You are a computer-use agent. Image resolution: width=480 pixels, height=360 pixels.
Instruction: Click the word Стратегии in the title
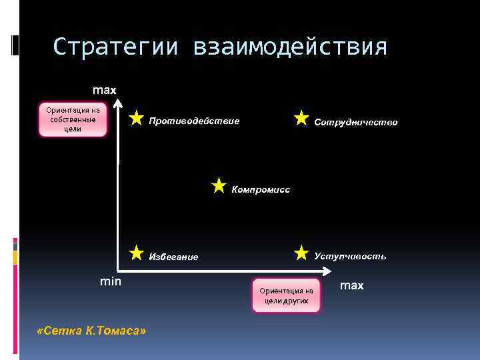(115, 47)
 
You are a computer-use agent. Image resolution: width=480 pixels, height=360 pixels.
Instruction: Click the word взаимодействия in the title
(289, 47)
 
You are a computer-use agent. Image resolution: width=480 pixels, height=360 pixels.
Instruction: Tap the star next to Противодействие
(136, 119)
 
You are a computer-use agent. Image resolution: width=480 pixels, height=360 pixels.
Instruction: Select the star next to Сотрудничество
(301, 119)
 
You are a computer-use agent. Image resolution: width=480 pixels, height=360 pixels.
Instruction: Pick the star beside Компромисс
(219, 185)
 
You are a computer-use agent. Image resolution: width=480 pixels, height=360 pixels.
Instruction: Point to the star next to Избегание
(136, 252)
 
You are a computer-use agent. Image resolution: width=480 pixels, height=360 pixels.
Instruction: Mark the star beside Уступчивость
(301, 252)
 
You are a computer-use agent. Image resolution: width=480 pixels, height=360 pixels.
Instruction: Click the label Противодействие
(194, 121)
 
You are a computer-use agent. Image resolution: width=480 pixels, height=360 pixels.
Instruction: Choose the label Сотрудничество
(355, 122)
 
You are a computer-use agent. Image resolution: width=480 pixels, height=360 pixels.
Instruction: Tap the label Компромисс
(261, 189)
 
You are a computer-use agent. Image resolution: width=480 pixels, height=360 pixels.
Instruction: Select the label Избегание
(173, 257)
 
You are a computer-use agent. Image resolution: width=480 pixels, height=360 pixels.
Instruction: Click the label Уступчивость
(350, 256)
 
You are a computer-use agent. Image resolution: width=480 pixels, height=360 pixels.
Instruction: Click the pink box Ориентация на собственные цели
(73, 119)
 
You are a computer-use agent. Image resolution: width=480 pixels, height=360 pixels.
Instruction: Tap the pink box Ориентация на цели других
(286, 295)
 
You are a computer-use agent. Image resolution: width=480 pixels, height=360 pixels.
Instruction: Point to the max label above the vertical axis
(104, 89)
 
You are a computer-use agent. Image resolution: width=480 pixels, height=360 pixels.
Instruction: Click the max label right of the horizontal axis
(352, 285)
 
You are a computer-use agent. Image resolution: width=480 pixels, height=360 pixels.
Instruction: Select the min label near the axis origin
(111, 281)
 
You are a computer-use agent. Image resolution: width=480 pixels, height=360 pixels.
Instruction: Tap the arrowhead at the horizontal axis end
(327, 271)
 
